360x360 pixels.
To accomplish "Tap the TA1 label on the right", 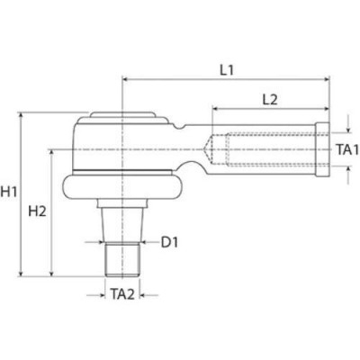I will click(x=347, y=149).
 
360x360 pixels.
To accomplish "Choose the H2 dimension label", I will click(x=39, y=211).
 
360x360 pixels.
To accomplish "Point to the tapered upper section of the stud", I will click(x=121, y=220).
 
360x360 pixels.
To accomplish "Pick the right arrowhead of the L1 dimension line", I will click(x=328, y=81).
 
